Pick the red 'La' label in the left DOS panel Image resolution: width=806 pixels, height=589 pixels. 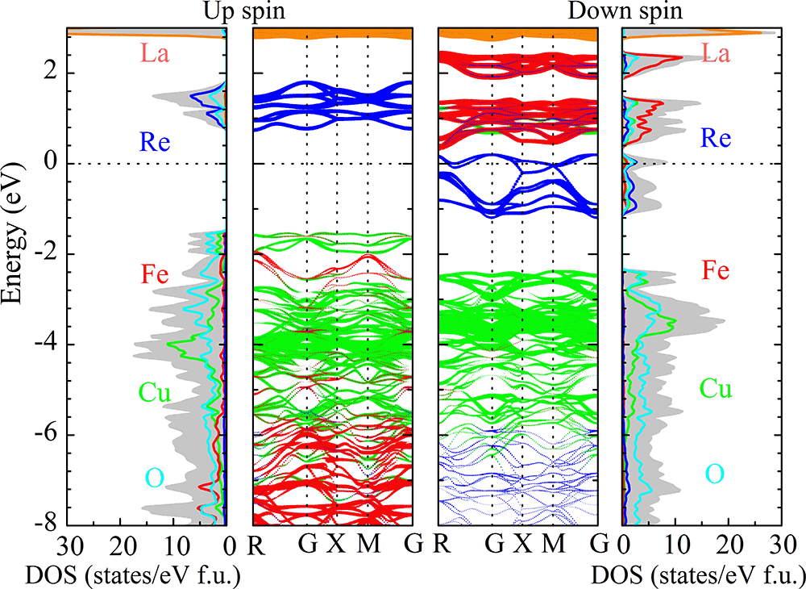pyautogui.click(x=156, y=54)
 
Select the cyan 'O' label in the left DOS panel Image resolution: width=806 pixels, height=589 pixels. pyautogui.click(x=155, y=478)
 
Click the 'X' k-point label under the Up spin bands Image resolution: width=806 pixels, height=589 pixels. pyautogui.click(x=336, y=544)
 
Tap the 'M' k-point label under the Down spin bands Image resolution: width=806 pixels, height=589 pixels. pyautogui.click(x=553, y=544)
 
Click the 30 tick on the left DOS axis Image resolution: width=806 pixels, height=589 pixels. pyautogui.click(x=73, y=544)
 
